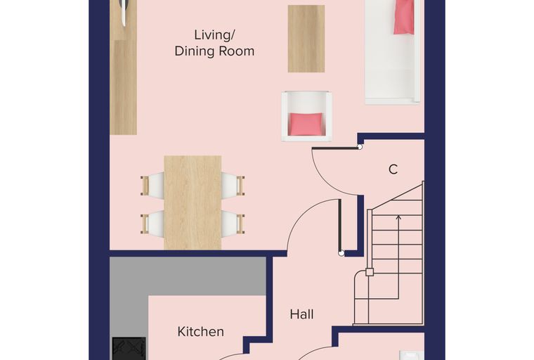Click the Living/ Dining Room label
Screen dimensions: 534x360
pos(214,43)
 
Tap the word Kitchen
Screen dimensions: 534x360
pos(200,331)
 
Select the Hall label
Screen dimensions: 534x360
pos(301,314)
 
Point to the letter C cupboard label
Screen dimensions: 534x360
pos(393,169)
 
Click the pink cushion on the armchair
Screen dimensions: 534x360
pos(306,124)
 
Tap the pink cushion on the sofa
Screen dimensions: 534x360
pos(404,17)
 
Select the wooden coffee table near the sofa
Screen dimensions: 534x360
pos(306,39)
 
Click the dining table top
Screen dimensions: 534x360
pos(193,202)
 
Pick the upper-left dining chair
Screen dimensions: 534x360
pos(152,185)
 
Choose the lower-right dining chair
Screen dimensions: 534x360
pos(233,224)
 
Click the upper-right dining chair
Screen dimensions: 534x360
pos(233,185)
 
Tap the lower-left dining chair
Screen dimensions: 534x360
pos(152,224)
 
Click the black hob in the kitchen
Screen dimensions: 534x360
pos(129,349)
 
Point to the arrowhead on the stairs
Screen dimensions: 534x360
pos(398,217)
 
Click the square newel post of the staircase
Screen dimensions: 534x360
pos(370,272)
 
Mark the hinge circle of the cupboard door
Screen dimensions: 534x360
pos(359,147)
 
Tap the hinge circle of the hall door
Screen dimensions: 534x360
pos(341,253)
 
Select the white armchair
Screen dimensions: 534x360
pos(306,116)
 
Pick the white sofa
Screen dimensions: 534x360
pos(392,51)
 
